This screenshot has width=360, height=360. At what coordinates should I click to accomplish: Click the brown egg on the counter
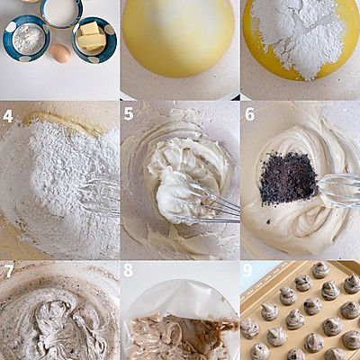(60, 53)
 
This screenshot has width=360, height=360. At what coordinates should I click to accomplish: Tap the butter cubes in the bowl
(90, 36)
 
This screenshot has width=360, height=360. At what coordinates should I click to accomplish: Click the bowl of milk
(61, 13)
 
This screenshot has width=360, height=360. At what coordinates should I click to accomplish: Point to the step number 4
(8, 116)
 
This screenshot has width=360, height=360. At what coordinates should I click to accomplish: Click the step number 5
(129, 114)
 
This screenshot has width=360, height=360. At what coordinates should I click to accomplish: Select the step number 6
(249, 114)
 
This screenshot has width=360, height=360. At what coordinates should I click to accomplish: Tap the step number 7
(8, 271)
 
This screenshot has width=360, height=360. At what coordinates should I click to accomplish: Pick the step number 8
(129, 270)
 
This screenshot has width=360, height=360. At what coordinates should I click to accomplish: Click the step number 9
(247, 270)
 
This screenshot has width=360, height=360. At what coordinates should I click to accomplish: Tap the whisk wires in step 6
(339, 190)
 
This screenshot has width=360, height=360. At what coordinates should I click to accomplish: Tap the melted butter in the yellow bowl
(178, 39)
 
